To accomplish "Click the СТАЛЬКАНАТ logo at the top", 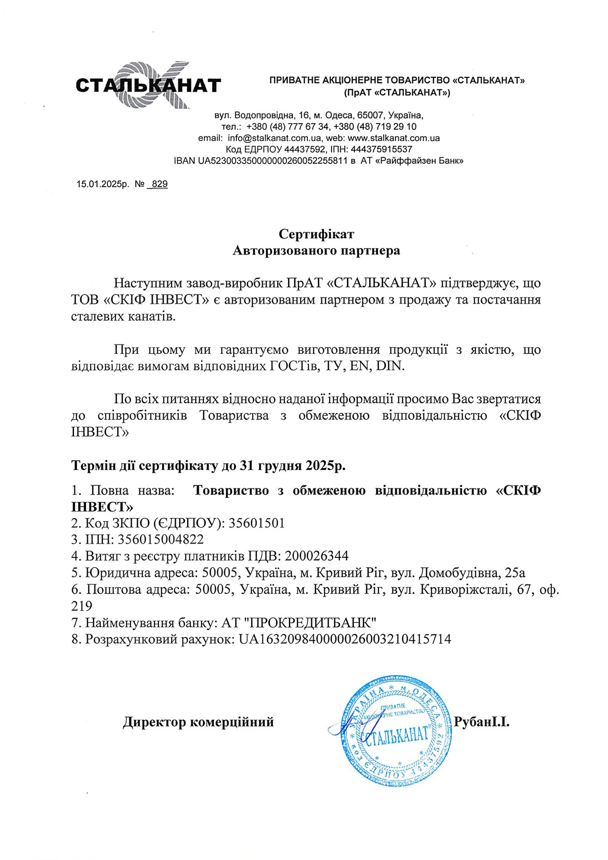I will [x=148, y=85].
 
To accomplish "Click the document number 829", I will [x=160, y=184].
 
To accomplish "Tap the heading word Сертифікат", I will [x=316, y=233].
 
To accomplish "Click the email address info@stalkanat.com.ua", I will [x=275, y=138].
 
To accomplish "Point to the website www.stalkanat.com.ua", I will [x=394, y=138].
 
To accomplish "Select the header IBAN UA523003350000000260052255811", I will [x=261, y=160].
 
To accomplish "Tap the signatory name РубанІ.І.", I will [x=482, y=722].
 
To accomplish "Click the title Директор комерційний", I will [x=198, y=722].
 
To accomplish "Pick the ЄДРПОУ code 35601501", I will [x=257, y=523].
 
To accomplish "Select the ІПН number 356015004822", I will [x=161, y=539].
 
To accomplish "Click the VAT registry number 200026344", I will [x=317, y=556].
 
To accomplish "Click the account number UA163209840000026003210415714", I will [x=345, y=639].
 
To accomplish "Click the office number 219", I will [x=82, y=606].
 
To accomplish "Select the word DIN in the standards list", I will [x=390, y=366].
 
